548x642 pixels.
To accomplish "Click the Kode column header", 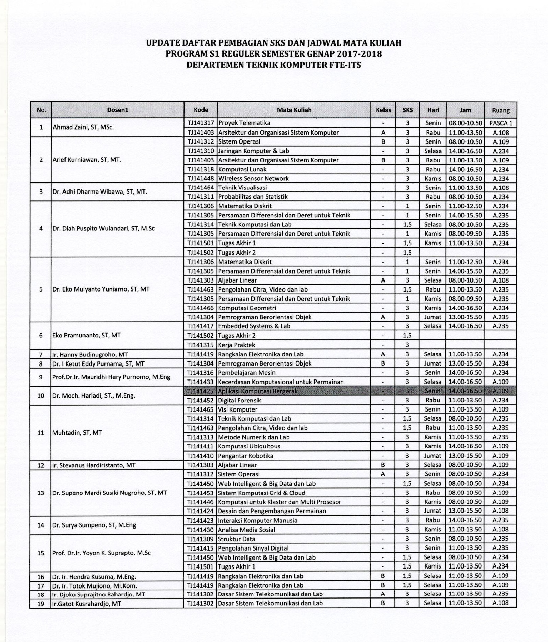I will pyautogui.click(x=201, y=110).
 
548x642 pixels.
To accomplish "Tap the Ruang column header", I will pyautogui.click(x=501, y=111).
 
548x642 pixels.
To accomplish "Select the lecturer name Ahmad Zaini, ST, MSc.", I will pyautogui.click(x=83, y=127).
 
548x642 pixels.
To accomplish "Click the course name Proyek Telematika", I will pyautogui.click(x=244, y=123).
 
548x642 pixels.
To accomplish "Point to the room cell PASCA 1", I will pyautogui.click(x=501, y=123).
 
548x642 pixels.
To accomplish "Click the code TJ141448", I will pyautogui.click(x=201, y=179).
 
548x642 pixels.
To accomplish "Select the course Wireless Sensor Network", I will pyautogui.click(x=253, y=179).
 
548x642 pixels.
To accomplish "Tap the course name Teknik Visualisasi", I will pyautogui.click(x=242, y=188).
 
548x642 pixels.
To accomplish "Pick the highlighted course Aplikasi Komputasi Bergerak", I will pyautogui.click(x=258, y=391).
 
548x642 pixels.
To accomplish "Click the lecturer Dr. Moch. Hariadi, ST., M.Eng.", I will pyautogui.click(x=94, y=396).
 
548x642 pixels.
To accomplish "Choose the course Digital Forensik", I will pyautogui.click(x=239, y=401).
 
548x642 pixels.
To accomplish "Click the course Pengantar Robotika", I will pyautogui.click(x=246, y=456).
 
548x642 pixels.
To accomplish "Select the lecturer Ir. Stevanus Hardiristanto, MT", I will pyautogui.click(x=94, y=465).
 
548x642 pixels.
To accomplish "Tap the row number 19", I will pyautogui.click(x=41, y=604).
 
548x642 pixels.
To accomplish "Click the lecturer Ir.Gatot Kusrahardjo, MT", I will pyautogui.click(x=87, y=604).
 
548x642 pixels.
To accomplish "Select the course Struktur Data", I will pyautogui.click(x=237, y=539).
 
